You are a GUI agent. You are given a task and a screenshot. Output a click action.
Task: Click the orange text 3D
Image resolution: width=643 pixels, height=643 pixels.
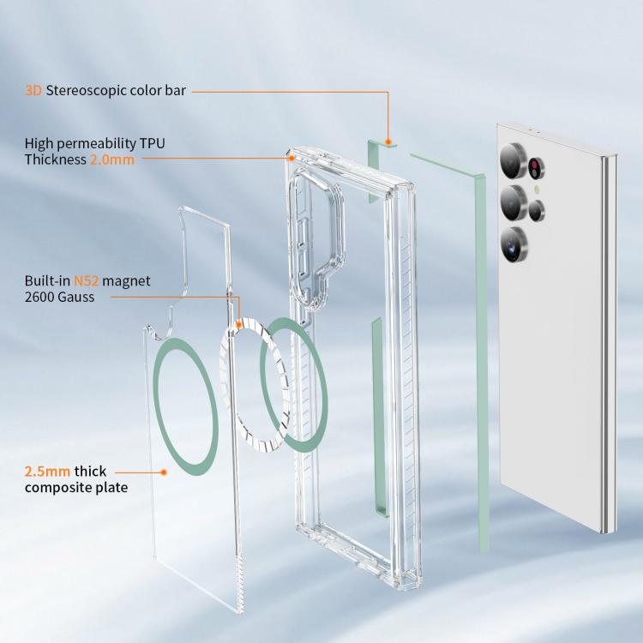[33, 91]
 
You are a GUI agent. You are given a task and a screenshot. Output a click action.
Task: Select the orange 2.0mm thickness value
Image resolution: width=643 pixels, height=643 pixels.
[112, 159]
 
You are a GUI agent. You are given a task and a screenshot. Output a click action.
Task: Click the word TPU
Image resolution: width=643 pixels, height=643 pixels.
[152, 143]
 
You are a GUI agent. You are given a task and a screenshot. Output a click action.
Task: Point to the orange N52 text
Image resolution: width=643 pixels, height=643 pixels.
[86, 281]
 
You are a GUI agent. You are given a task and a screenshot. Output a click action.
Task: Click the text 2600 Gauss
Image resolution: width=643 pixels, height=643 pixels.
[59, 297]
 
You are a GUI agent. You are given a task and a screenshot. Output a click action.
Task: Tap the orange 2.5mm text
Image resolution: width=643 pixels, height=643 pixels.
[47, 472]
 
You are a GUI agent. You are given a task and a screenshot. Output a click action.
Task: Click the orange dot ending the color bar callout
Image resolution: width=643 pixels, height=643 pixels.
[388, 141]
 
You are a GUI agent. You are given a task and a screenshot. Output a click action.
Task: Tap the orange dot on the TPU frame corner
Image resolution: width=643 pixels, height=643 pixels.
[291, 158]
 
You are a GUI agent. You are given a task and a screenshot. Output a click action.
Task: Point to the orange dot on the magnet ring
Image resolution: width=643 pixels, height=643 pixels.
[239, 325]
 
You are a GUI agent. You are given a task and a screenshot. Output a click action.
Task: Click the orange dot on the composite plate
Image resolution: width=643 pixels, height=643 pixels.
[164, 472]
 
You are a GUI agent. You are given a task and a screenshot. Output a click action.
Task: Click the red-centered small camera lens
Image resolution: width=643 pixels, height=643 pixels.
[536, 168]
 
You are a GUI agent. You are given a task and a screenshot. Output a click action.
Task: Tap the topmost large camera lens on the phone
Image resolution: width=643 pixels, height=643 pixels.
[513, 161]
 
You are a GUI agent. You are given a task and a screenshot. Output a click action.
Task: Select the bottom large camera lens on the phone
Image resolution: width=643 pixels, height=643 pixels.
[514, 244]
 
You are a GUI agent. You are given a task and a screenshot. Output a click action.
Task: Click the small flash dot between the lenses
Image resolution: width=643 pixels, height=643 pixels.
[537, 189]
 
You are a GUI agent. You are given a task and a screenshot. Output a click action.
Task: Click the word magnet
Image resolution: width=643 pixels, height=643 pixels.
[126, 281]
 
